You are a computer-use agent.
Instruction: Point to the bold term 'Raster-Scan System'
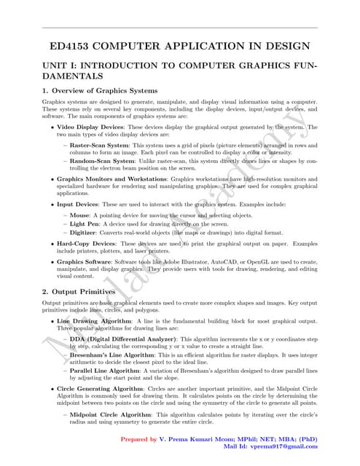point(99,145)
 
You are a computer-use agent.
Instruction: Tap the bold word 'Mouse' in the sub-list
point(79,216)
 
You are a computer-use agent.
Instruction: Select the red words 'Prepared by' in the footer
point(138,439)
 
